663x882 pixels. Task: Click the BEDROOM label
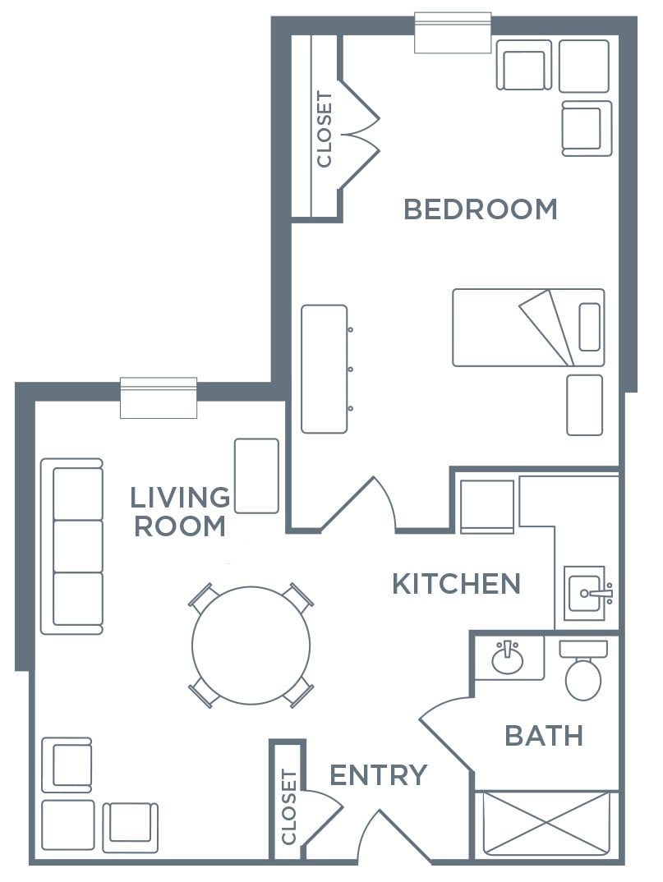coord(481,209)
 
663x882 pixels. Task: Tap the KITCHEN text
coord(457,584)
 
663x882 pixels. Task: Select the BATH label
coord(544,736)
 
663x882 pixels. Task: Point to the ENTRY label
coord(378,775)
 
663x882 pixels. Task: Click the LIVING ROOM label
coord(180,512)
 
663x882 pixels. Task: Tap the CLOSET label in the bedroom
coord(325,130)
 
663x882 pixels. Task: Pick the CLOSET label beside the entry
coord(288,808)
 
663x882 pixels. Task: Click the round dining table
coord(251,645)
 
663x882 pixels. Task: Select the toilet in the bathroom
coord(583,670)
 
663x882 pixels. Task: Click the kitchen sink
coord(585,594)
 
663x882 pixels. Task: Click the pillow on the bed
coord(589,328)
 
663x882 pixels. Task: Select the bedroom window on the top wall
coord(453,33)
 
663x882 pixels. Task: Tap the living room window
coord(159,397)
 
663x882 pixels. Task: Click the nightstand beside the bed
coord(585,405)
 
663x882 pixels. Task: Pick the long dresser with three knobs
coord(325,369)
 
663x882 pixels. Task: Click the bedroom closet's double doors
coord(359,134)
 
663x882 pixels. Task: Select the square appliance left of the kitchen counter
coord(487,506)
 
